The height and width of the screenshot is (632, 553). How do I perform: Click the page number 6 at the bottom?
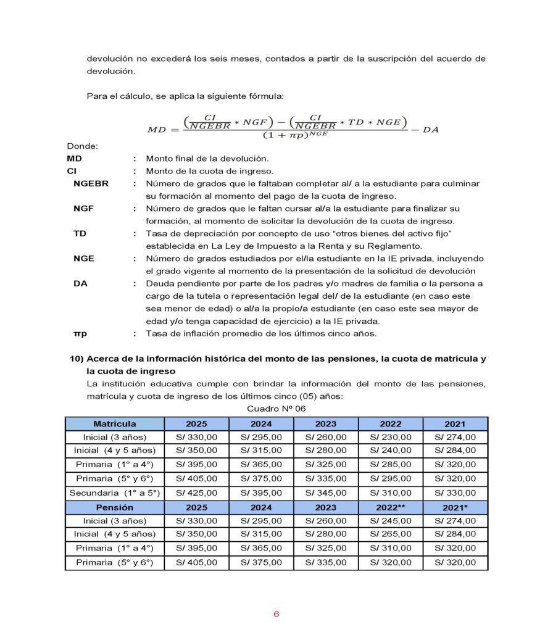coord(276,614)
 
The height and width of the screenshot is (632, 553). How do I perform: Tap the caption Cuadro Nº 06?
coord(276,409)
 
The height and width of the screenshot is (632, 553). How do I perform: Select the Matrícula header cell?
coord(115,424)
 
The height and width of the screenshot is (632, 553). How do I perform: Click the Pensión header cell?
coord(115,507)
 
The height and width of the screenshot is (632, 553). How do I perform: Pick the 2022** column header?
coord(390,507)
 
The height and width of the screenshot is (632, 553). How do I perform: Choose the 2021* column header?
coord(455,507)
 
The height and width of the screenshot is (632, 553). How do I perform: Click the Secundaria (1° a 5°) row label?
coord(115,493)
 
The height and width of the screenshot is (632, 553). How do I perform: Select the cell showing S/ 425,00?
coord(197,493)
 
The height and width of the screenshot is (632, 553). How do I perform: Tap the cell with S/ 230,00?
coord(390,437)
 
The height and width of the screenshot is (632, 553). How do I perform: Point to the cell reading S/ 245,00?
coord(390,521)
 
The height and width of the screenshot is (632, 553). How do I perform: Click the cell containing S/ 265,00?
coord(390,534)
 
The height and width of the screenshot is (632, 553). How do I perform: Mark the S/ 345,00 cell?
coord(325,493)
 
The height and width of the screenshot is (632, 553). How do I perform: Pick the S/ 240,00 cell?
coord(390,451)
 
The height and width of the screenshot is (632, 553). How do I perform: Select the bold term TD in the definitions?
coord(80,233)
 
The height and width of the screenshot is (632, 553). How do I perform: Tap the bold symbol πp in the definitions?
coord(80,333)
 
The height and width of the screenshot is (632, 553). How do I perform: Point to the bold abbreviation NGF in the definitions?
coord(84,209)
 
